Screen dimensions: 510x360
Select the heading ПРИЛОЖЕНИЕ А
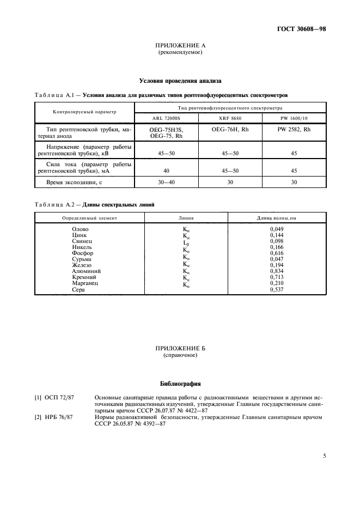[180, 46]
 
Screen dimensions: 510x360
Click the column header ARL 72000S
[166, 118]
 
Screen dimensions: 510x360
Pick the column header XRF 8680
[231, 118]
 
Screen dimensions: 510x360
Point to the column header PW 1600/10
[294, 118]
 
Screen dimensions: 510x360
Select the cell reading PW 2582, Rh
[294, 129]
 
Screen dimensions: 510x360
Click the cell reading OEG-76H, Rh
[231, 129]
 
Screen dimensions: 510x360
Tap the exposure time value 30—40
[166, 182]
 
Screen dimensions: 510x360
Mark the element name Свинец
[82, 241]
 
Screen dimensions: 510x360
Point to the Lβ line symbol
[186, 241]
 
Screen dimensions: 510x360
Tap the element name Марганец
[86, 283]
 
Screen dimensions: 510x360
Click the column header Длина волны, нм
[277, 217]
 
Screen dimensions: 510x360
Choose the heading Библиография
[180, 383]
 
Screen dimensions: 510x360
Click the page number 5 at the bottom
[324, 456]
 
